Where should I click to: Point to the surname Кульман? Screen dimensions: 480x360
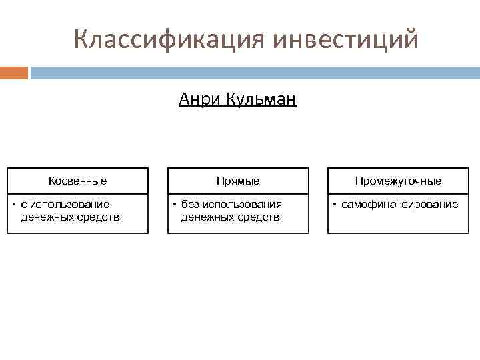261,100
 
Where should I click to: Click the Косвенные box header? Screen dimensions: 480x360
77,181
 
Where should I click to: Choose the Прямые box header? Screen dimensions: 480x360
238,181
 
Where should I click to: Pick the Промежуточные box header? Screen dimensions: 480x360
398,181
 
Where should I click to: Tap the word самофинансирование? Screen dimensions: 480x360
400,204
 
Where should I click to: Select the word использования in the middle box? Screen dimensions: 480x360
242,204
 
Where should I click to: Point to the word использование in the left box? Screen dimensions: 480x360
65,204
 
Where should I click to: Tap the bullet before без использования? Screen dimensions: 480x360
175,204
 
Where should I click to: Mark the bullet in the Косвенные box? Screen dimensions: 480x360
14,204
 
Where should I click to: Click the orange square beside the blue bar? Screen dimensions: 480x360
14,72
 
